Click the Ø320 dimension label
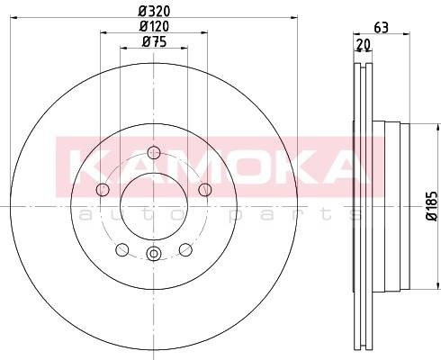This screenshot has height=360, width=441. point(154,12)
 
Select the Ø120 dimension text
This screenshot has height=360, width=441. point(154,26)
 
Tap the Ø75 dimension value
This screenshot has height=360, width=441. point(154,41)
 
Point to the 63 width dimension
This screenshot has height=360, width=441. point(382,28)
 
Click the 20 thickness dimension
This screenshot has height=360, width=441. point(364,45)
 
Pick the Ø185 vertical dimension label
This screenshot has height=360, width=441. point(432,206)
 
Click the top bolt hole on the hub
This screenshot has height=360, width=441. point(154,152)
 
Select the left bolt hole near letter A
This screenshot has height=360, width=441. point(103,190)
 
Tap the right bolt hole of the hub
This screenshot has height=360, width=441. point(205,190)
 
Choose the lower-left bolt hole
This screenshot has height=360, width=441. point(122,250)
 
